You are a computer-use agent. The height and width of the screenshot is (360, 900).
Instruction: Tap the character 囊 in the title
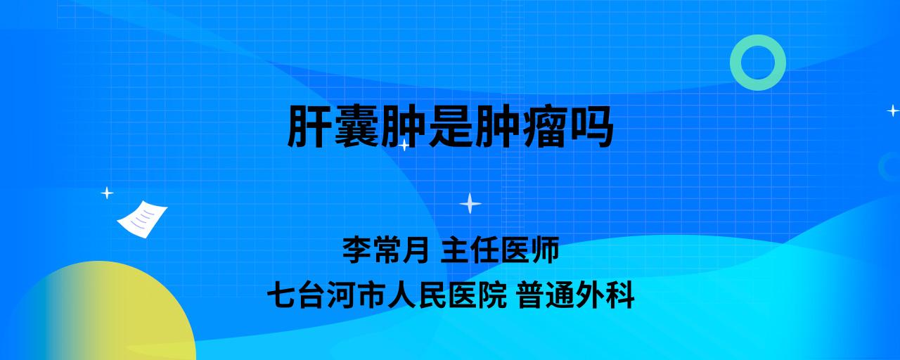[356, 127]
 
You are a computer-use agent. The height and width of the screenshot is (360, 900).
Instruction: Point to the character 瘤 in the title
[544, 127]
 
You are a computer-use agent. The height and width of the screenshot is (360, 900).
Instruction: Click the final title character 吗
[591, 127]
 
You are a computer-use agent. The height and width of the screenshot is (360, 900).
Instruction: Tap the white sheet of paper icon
[142, 219]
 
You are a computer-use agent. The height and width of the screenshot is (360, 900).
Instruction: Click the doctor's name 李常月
[385, 250]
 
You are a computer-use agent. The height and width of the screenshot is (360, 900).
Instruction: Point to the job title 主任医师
[500, 250]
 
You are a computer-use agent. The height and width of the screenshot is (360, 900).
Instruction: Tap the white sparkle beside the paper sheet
[107, 193]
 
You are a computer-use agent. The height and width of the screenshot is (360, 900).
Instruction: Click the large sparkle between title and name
[470, 204]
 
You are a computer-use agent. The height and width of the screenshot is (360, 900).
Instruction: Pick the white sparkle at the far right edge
[893, 110]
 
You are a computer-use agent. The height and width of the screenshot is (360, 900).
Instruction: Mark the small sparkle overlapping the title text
[404, 145]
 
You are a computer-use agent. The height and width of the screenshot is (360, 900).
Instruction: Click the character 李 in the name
[356, 250]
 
